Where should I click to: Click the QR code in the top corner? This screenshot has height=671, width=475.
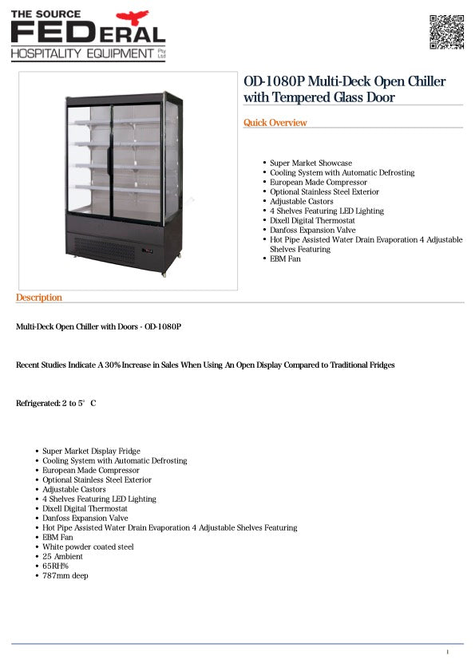tap(447, 31)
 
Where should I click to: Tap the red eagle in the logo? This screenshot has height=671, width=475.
tap(132, 17)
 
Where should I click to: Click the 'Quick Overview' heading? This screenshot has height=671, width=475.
tap(275, 123)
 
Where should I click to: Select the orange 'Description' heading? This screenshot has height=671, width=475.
tap(38, 298)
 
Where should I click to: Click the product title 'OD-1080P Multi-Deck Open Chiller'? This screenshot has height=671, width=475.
tap(344, 81)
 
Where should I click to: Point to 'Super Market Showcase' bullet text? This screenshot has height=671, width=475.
tap(311, 163)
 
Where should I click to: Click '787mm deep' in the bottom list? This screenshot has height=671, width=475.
tap(65, 575)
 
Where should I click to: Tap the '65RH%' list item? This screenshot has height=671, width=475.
tap(55, 566)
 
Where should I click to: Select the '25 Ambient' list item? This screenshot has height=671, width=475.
tap(63, 556)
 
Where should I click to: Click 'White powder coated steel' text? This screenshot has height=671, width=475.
tap(88, 547)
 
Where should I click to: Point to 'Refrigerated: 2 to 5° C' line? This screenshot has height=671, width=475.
tap(56, 404)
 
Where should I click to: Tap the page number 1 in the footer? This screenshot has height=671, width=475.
tap(448, 653)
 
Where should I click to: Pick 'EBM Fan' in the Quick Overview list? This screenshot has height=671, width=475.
tap(285, 259)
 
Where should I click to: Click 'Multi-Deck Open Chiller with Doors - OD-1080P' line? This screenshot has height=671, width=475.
tap(99, 326)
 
